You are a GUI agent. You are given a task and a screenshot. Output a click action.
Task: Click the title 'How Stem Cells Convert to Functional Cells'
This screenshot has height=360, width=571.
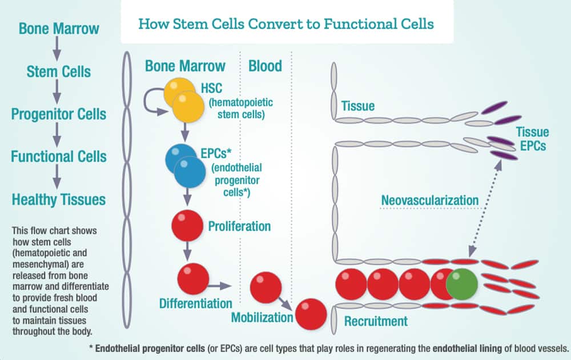[x=287, y=25]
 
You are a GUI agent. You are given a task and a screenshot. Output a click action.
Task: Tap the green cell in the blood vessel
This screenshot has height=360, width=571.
[x=461, y=284]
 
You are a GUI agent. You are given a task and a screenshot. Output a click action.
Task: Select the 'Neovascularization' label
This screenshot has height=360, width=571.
[x=429, y=201]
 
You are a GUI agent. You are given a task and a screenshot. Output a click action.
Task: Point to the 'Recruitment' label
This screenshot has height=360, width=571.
[x=376, y=321]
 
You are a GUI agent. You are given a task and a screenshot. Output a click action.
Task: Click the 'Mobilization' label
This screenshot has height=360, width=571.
[x=262, y=317]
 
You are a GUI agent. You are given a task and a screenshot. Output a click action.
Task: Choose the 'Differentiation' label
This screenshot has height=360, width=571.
[x=196, y=302]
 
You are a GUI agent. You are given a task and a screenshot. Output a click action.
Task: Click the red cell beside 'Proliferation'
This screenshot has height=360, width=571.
[x=187, y=226]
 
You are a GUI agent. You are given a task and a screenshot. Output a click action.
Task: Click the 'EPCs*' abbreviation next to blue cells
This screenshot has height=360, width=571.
[x=215, y=153]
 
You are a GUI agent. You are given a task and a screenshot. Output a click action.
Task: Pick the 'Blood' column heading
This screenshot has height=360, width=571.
[x=265, y=66]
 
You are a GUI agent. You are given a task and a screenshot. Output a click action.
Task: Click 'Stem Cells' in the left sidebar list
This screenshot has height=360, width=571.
[x=58, y=71]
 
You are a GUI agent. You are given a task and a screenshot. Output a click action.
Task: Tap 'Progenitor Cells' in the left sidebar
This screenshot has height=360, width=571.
[x=58, y=114]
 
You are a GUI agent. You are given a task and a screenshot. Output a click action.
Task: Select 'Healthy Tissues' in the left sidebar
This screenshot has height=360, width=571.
[x=58, y=199]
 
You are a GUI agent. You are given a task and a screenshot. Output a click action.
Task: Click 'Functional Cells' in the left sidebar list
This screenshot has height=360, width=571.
[x=58, y=156]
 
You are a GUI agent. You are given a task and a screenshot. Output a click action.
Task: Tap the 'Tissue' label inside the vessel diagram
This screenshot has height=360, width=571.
[x=358, y=106]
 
